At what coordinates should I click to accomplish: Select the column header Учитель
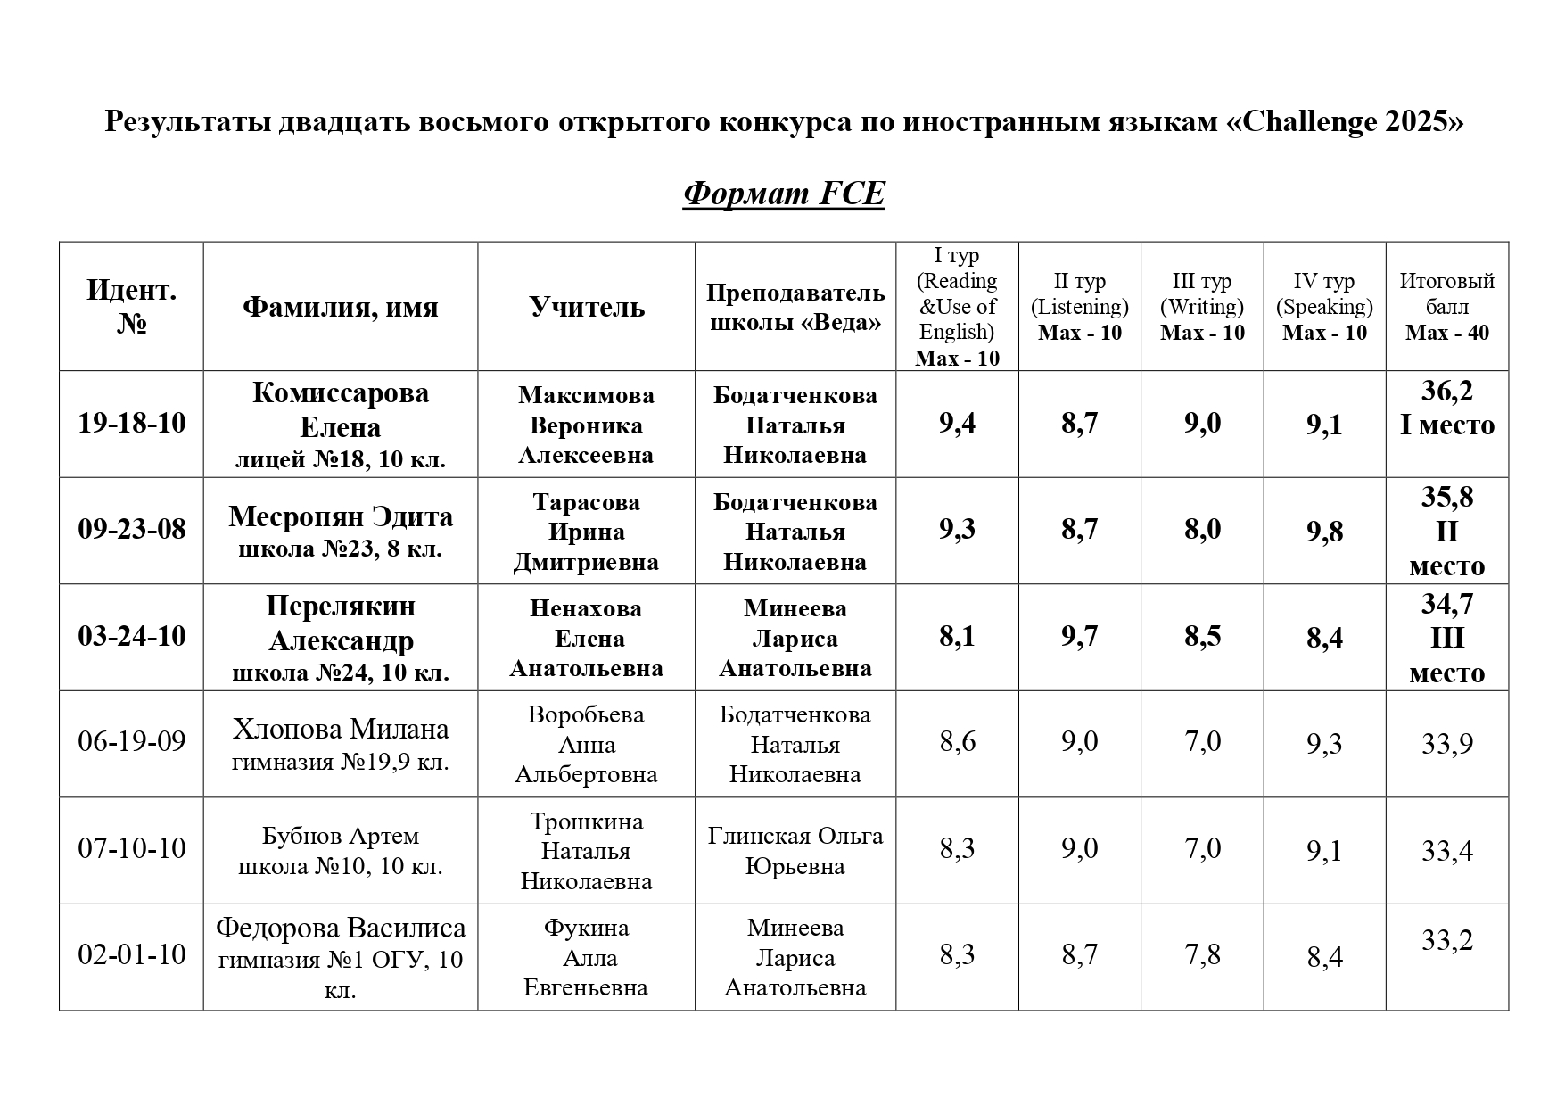(x=586, y=307)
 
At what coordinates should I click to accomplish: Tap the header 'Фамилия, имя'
(x=340, y=307)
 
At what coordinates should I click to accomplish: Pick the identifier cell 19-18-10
(x=132, y=423)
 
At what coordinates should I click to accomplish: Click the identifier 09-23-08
(x=132, y=529)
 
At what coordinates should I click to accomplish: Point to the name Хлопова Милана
(x=340, y=730)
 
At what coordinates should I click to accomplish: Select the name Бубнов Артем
(x=340, y=837)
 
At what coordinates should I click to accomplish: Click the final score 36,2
(x=1446, y=392)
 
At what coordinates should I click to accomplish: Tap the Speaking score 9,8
(x=1324, y=532)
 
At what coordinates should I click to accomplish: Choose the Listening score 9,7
(x=1079, y=636)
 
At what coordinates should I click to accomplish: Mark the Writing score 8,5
(x=1202, y=636)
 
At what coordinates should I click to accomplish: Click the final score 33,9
(x=1446, y=744)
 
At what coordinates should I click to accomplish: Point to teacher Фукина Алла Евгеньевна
(x=586, y=957)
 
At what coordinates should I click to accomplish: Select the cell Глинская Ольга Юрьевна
(x=795, y=851)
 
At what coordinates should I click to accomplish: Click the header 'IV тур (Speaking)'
(x=1324, y=294)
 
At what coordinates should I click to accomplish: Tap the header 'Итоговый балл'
(x=1446, y=294)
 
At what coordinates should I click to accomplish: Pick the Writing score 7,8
(x=1202, y=955)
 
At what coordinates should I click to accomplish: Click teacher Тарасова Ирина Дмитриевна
(x=586, y=532)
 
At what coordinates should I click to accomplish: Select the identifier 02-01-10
(x=132, y=955)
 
